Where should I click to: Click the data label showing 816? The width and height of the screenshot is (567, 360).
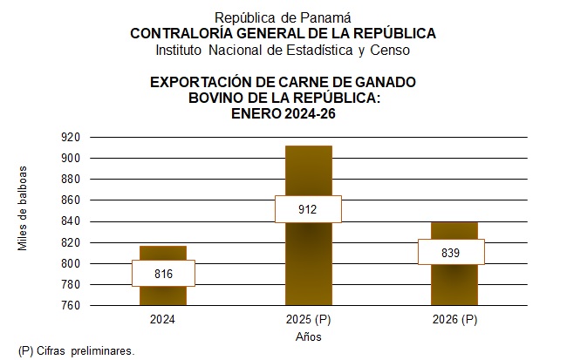163,274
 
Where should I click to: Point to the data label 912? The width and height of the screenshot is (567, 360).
308,209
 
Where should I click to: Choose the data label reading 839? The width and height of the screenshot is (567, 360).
452,253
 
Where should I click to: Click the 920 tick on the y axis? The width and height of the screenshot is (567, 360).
71,137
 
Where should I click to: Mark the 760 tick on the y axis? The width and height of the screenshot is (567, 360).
71,306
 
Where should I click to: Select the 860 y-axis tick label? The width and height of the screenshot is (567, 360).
71,200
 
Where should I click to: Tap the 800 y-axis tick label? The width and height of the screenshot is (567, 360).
71,263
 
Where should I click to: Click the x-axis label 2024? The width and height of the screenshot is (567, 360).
163,320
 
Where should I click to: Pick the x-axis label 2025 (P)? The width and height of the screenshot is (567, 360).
308,320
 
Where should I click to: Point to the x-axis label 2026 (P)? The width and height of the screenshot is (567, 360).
454,320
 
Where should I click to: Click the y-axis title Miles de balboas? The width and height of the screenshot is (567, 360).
24,208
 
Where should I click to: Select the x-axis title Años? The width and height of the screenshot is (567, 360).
309,336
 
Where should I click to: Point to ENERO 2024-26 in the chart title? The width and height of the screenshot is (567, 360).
283,113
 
